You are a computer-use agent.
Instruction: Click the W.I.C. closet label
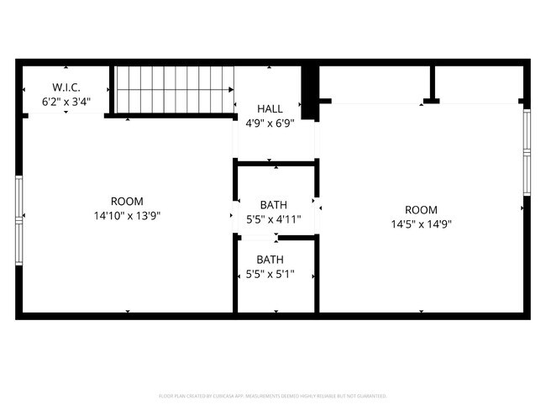point(66,87)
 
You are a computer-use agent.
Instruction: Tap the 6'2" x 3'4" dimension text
point(66,102)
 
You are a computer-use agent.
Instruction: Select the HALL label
point(270,109)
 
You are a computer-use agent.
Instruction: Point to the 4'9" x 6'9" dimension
point(270,124)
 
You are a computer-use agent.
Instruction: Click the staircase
point(174,89)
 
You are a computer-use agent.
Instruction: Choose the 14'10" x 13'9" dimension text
point(127,216)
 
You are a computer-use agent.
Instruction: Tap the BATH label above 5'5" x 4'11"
point(273,205)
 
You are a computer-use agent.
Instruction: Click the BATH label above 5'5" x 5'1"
point(270,260)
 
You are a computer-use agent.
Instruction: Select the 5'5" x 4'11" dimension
point(273,219)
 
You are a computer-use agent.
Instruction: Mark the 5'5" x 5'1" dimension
point(270,274)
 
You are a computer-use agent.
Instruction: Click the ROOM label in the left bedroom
point(127,202)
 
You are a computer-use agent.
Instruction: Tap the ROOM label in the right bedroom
point(421,210)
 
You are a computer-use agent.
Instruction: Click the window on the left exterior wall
point(18,220)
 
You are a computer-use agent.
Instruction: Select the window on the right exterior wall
point(526,150)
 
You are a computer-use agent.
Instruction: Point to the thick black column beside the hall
point(309,91)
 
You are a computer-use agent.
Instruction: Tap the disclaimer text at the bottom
point(273,395)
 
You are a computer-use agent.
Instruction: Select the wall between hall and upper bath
point(276,163)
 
